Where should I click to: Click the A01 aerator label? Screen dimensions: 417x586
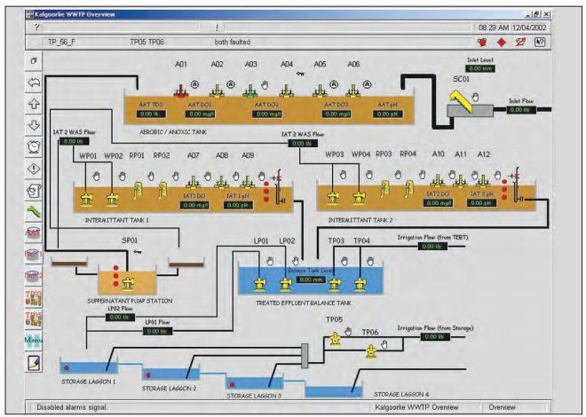181,65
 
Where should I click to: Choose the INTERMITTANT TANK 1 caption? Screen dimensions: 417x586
117,218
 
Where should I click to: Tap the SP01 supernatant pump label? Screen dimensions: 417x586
129,240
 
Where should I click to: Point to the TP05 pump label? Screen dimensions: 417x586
334,320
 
